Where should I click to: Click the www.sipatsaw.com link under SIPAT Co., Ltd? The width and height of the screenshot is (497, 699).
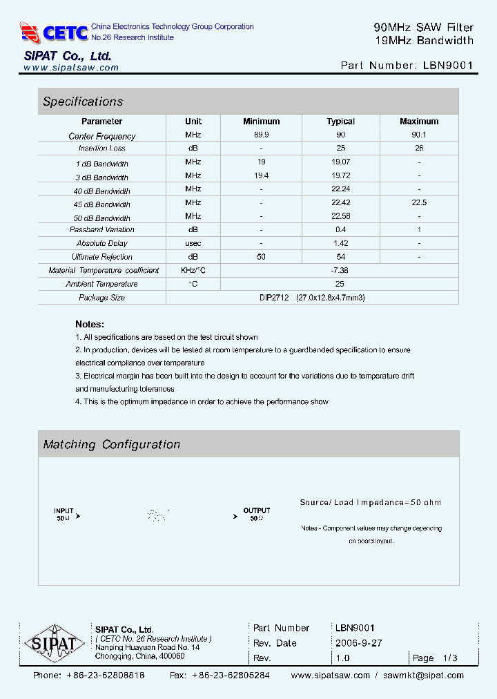point(71,68)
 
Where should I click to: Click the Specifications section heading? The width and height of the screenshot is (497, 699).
point(83,102)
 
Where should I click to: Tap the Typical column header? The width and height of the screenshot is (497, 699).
point(340,122)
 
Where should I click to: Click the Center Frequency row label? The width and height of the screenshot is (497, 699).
point(102,136)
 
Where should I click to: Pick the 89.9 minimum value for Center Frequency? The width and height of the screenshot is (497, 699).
point(262,135)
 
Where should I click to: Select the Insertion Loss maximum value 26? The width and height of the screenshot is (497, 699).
point(419,149)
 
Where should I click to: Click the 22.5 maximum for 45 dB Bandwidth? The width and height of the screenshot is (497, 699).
point(419,203)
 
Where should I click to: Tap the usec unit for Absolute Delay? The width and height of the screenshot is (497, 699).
point(193,243)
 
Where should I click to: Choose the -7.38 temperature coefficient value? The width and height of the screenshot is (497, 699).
point(340,270)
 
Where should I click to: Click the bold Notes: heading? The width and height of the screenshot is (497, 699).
point(90,324)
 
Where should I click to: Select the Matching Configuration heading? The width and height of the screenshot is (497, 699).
point(112,445)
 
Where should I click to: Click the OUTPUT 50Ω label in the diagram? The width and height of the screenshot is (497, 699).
point(256,514)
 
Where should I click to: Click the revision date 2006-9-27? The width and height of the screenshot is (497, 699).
point(358,643)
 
